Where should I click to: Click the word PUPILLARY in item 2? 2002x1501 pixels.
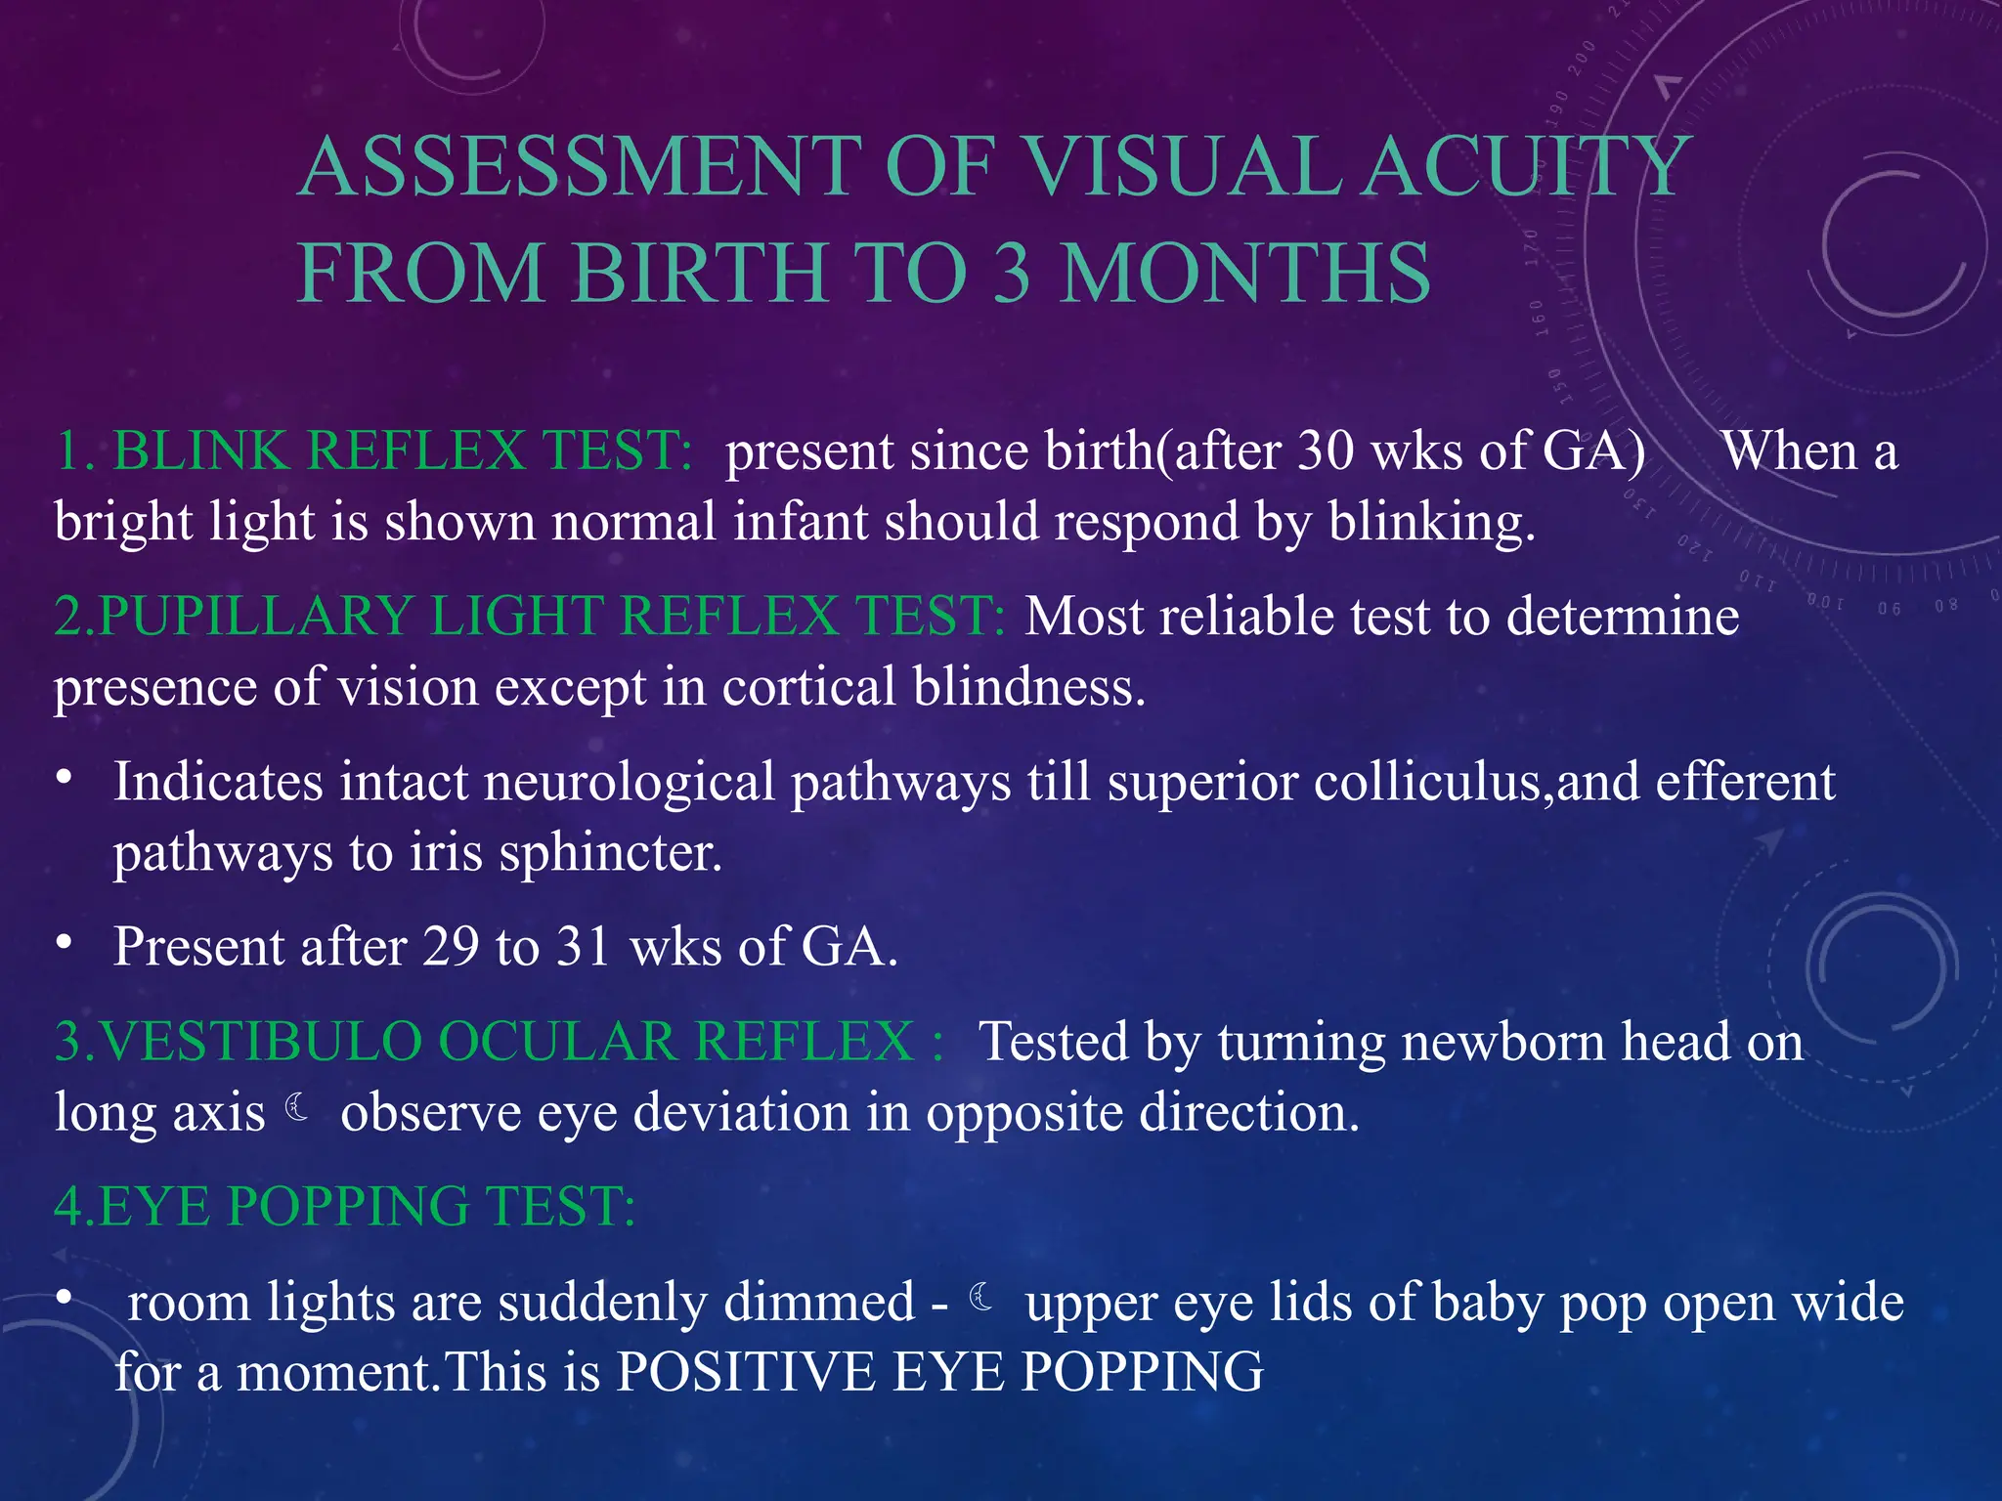[x=255, y=617]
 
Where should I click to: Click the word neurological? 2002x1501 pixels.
[x=629, y=782]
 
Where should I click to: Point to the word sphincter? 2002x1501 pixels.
[x=610, y=852]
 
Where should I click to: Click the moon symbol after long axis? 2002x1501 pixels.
[x=298, y=1108]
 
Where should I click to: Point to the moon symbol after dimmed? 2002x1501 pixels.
[x=982, y=1298]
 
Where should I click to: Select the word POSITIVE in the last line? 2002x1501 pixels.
[x=745, y=1371]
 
